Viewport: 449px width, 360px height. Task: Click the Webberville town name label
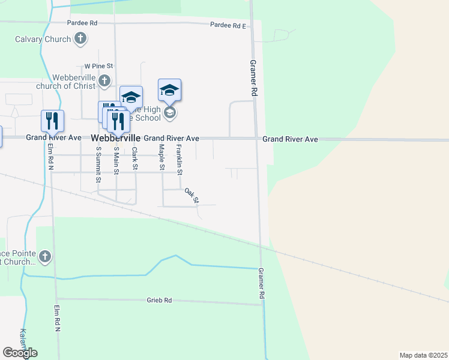(116, 138)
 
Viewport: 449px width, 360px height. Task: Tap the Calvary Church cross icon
(80, 40)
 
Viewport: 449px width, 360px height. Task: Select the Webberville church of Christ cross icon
(104, 80)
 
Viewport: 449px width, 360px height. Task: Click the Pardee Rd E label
(228, 25)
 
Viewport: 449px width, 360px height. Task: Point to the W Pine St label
(99, 66)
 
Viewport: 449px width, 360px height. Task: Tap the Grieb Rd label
(159, 300)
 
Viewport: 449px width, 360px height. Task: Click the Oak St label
(191, 195)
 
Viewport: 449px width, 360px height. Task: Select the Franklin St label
(179, 155)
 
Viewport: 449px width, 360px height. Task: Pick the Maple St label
(161, 157)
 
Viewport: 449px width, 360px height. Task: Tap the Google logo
(20, 353)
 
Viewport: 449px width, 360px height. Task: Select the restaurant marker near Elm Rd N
(52, 121)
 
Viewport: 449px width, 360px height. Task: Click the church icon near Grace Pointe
(44, 257)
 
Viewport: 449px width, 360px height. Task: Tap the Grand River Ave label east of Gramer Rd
(290, 139)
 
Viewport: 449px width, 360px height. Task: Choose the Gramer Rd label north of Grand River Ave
(253, 78)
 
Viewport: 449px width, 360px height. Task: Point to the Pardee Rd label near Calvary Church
(82, 23)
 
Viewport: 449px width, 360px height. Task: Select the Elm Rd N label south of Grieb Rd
(58, 319)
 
